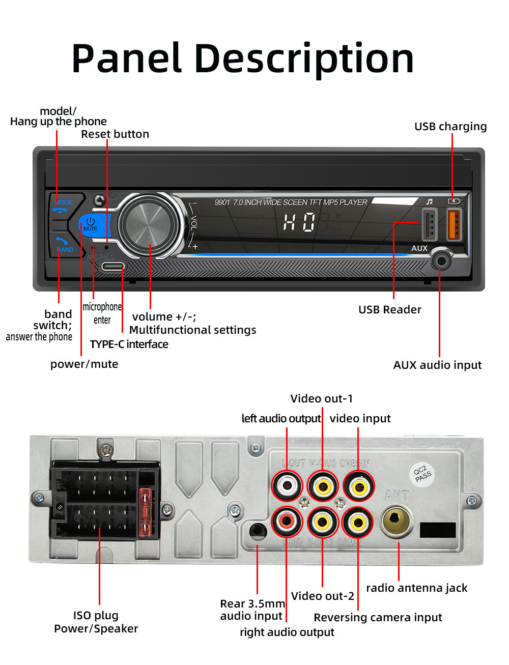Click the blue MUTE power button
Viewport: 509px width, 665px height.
[92, 224]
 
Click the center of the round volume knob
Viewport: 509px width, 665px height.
[151, 224]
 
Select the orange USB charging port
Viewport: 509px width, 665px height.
[454, 224]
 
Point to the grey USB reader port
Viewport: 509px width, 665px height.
[430, 224]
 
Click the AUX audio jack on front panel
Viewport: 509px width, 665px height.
[440, 262]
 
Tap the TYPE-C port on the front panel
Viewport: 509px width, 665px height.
[112, 266]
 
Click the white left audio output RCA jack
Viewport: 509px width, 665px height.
[287, 486]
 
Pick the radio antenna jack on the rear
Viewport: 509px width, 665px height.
[397, 520]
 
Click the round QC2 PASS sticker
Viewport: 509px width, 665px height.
[422, 474]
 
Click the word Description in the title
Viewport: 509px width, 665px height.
[304, 59]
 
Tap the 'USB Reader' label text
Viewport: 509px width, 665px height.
[389, 309]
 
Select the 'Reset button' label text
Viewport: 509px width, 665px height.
[115, 134]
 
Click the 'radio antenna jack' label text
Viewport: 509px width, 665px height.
[416, 588]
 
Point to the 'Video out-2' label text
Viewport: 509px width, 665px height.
[322, 596]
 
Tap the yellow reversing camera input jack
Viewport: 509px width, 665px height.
[358, 522]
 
